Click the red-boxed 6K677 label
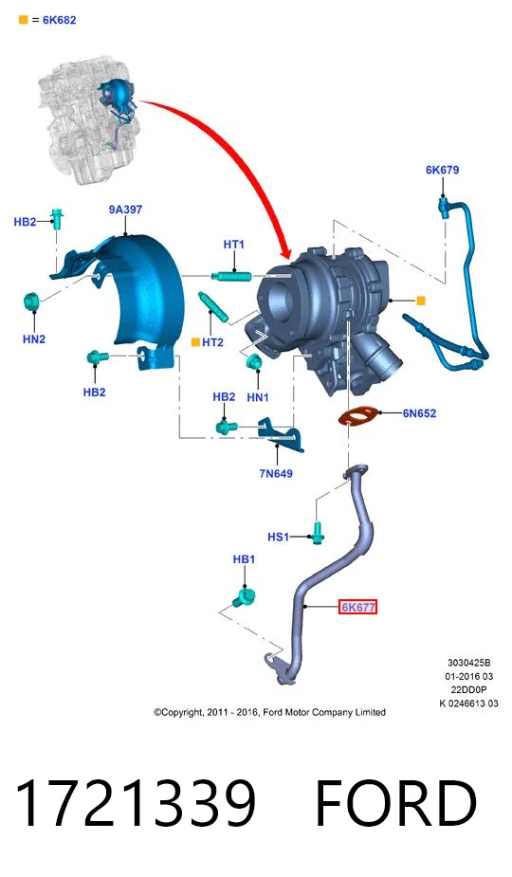(x=357, y=607)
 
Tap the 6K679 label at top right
(x=442, y=170)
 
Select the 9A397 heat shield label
(x=125, y=210)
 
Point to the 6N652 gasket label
(x=419, y=413)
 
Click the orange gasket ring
(x=357, y=416)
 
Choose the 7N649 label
(x=276, y=474)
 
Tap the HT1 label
(x=234, y=245)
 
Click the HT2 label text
(x=212, y=342)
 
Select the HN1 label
(x=258, y=397)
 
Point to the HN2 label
(x=34, y=338)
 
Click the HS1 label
(x=278, y=537)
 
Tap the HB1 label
(x=244, y=559)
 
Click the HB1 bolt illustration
(x=243, y=597)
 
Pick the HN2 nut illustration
(x=31, y=301)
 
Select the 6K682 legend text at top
(x=60, y=20)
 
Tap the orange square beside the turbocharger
(x=421, y=301)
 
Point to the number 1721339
(x=136, y=803)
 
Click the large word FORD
(x=396, y=803)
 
